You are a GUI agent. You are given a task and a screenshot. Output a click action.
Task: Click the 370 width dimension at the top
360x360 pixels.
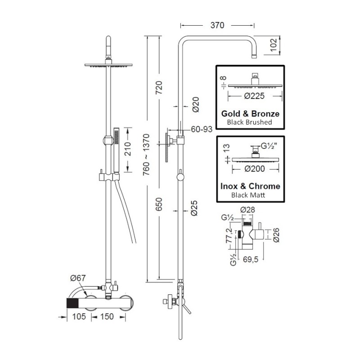point(217,26)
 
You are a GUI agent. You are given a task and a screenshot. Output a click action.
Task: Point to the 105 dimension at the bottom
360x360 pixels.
point(79,317)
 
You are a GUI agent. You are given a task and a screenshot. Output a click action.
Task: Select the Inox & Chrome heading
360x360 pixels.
point(251,186)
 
